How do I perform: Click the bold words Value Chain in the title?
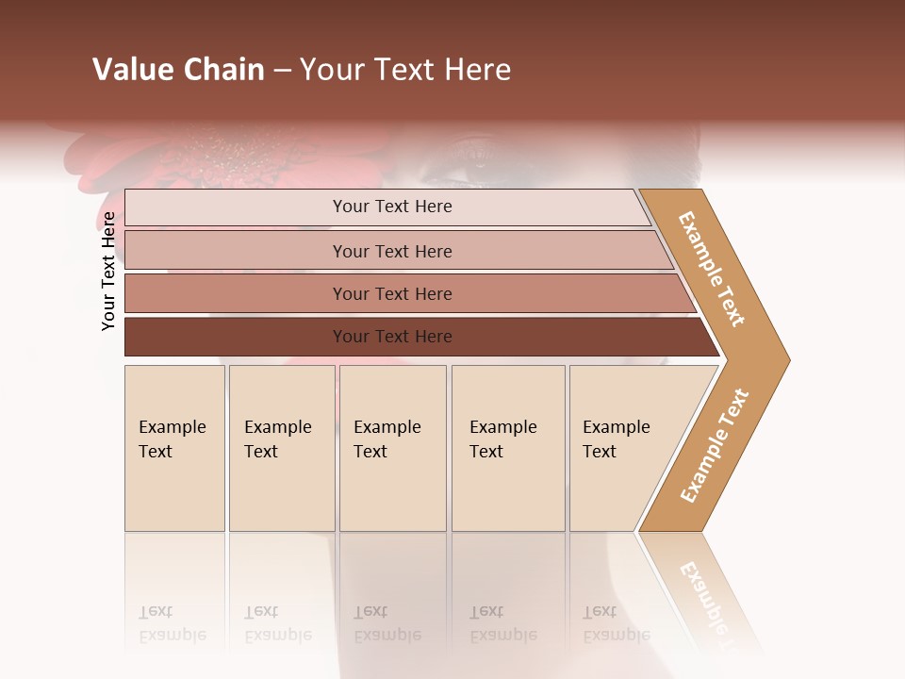178,70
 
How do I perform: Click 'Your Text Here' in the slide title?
405,70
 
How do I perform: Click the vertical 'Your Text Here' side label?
108,271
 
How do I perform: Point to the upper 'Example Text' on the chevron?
712,269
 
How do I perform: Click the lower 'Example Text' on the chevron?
715,446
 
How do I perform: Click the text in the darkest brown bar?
392,337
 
